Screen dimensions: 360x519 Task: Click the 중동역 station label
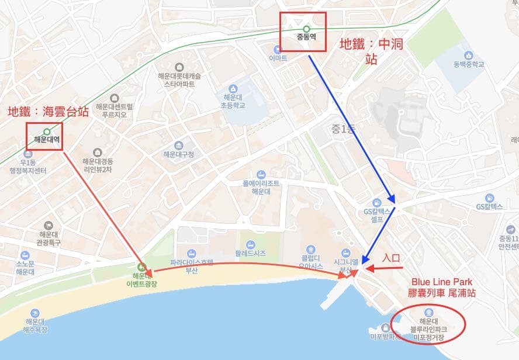pyautogui.click(x=306, y=40)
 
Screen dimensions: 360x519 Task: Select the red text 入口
pyautogui.click(x=392, y=257)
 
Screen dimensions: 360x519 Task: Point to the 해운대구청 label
pyautogui.click(x=178, y=154)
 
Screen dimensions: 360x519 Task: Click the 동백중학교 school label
pyautogui.click(x=468, y=64)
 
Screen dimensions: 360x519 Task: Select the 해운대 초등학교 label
pyautogui.click(x=234, y=101)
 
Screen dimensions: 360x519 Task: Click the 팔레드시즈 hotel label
pyautogui.click(x=250, y=253)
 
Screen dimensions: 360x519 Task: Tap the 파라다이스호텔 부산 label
pyautogui.click(x=192, y=266)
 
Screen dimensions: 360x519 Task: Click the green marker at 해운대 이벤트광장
pyautogui.click(x=141, y=267)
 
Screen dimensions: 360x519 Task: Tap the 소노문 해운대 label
pyautogui.click(x=25, y=267)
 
